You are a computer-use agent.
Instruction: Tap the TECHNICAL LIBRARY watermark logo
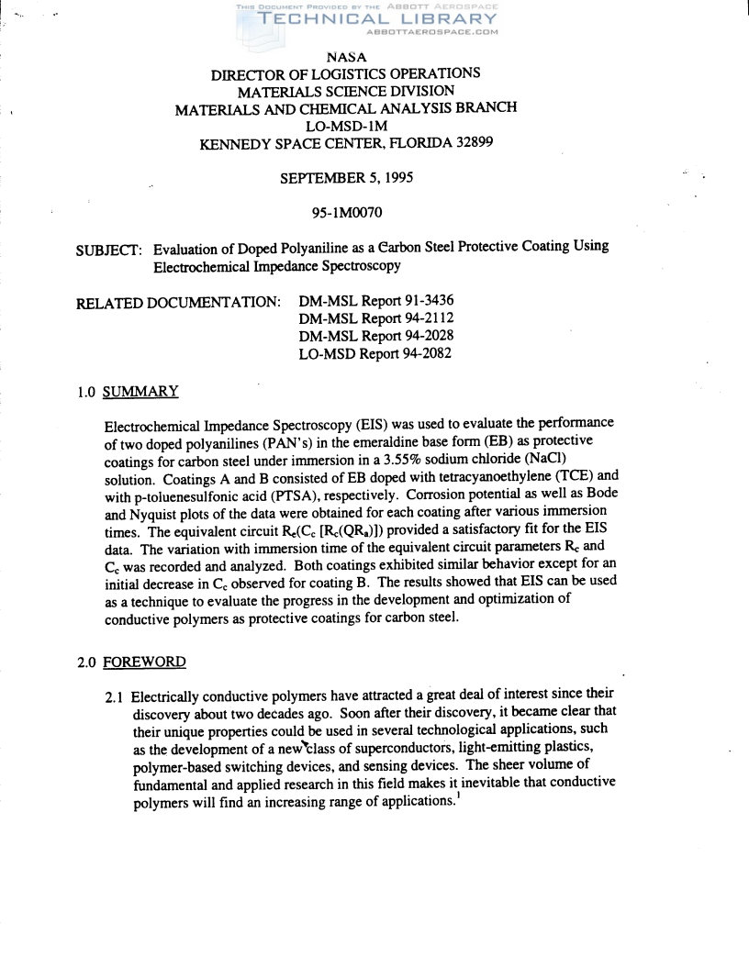(x=367, y=19)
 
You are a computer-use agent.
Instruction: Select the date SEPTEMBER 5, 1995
(x=346, y=178)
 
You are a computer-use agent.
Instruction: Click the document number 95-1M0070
(x=346, y=213)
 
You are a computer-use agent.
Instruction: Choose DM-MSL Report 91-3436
(x=376, y=301)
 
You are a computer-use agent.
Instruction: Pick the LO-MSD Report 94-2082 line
(x=374, y=353)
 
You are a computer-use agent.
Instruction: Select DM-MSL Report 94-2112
(x=376, y=318)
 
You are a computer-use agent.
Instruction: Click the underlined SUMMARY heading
(x=140, y=392)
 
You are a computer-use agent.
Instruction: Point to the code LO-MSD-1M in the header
(x=346, y=126)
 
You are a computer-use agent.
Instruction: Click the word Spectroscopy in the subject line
(x=359, y=266)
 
